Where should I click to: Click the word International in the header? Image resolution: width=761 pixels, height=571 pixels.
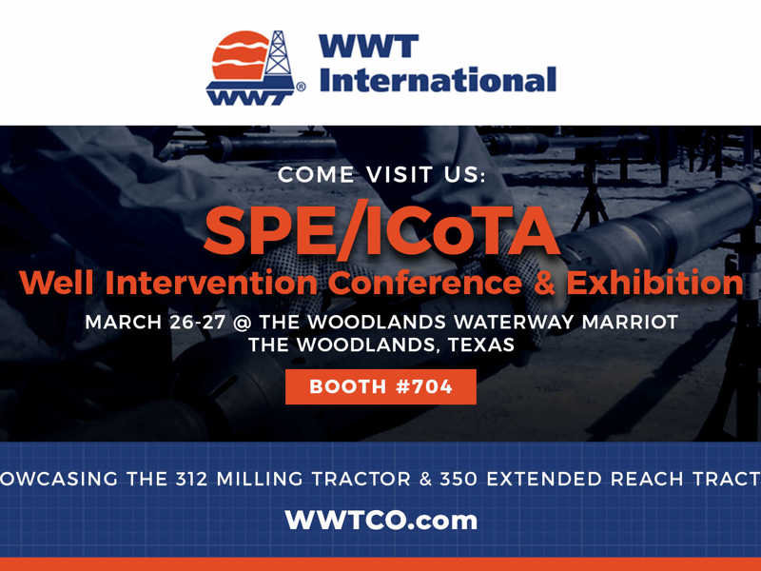437,79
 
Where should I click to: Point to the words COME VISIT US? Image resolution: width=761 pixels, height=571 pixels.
380,175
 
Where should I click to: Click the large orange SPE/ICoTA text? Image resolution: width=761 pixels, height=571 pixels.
380,227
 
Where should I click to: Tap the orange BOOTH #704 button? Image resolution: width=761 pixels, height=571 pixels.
380,386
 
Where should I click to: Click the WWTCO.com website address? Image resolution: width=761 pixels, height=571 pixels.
380,521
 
